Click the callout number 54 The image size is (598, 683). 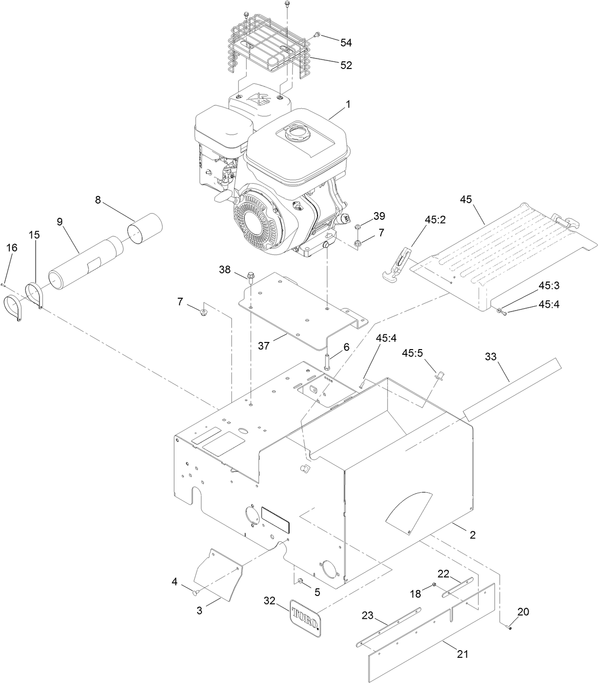pos(346,42)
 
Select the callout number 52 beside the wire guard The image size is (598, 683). pos(346,65)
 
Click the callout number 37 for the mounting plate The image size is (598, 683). pos(263,346)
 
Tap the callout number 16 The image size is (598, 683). pos(12,247)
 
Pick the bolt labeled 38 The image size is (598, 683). pos(251,276)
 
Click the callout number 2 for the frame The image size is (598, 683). pos(472,535)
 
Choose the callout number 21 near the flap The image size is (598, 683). pos(462,654)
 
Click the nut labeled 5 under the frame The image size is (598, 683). pos(301,581)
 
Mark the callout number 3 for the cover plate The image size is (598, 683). pos(199,610)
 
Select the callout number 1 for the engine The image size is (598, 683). pos(347,104)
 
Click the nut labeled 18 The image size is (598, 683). pos(434,585)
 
